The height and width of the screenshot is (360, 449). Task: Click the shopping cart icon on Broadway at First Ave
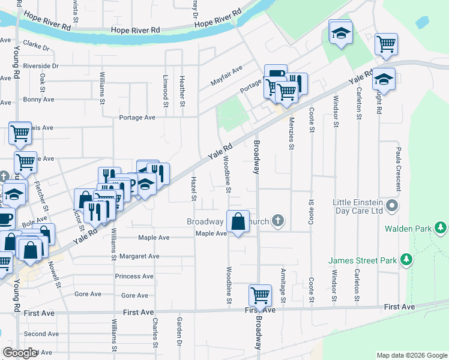pyautogui.click(x=259, y=295)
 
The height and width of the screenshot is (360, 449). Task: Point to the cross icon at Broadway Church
pyautogui.click(x=277, y=221)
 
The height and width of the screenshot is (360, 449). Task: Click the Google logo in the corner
pyautogui.click(x=20, y=353)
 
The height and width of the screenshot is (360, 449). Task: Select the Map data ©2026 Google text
pyautogui.click(x=411, y=355)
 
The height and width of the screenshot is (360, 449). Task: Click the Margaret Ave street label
pyautogui.click(x=139, y=256)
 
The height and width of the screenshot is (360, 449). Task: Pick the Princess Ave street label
pyautogui.click(x=135, y=276)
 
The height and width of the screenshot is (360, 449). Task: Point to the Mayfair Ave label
pyautogui.click(x=226, y=77)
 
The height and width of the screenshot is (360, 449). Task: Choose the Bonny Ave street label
pyautogui.click(x=38, y=100)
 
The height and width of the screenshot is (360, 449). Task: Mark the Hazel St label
pyautogui.click(x=193, y=188)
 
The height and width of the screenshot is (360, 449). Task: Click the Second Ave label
pyautogui.click(x=41, y=334)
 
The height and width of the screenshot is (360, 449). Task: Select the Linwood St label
pyautogui.click(x=165, y=90)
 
